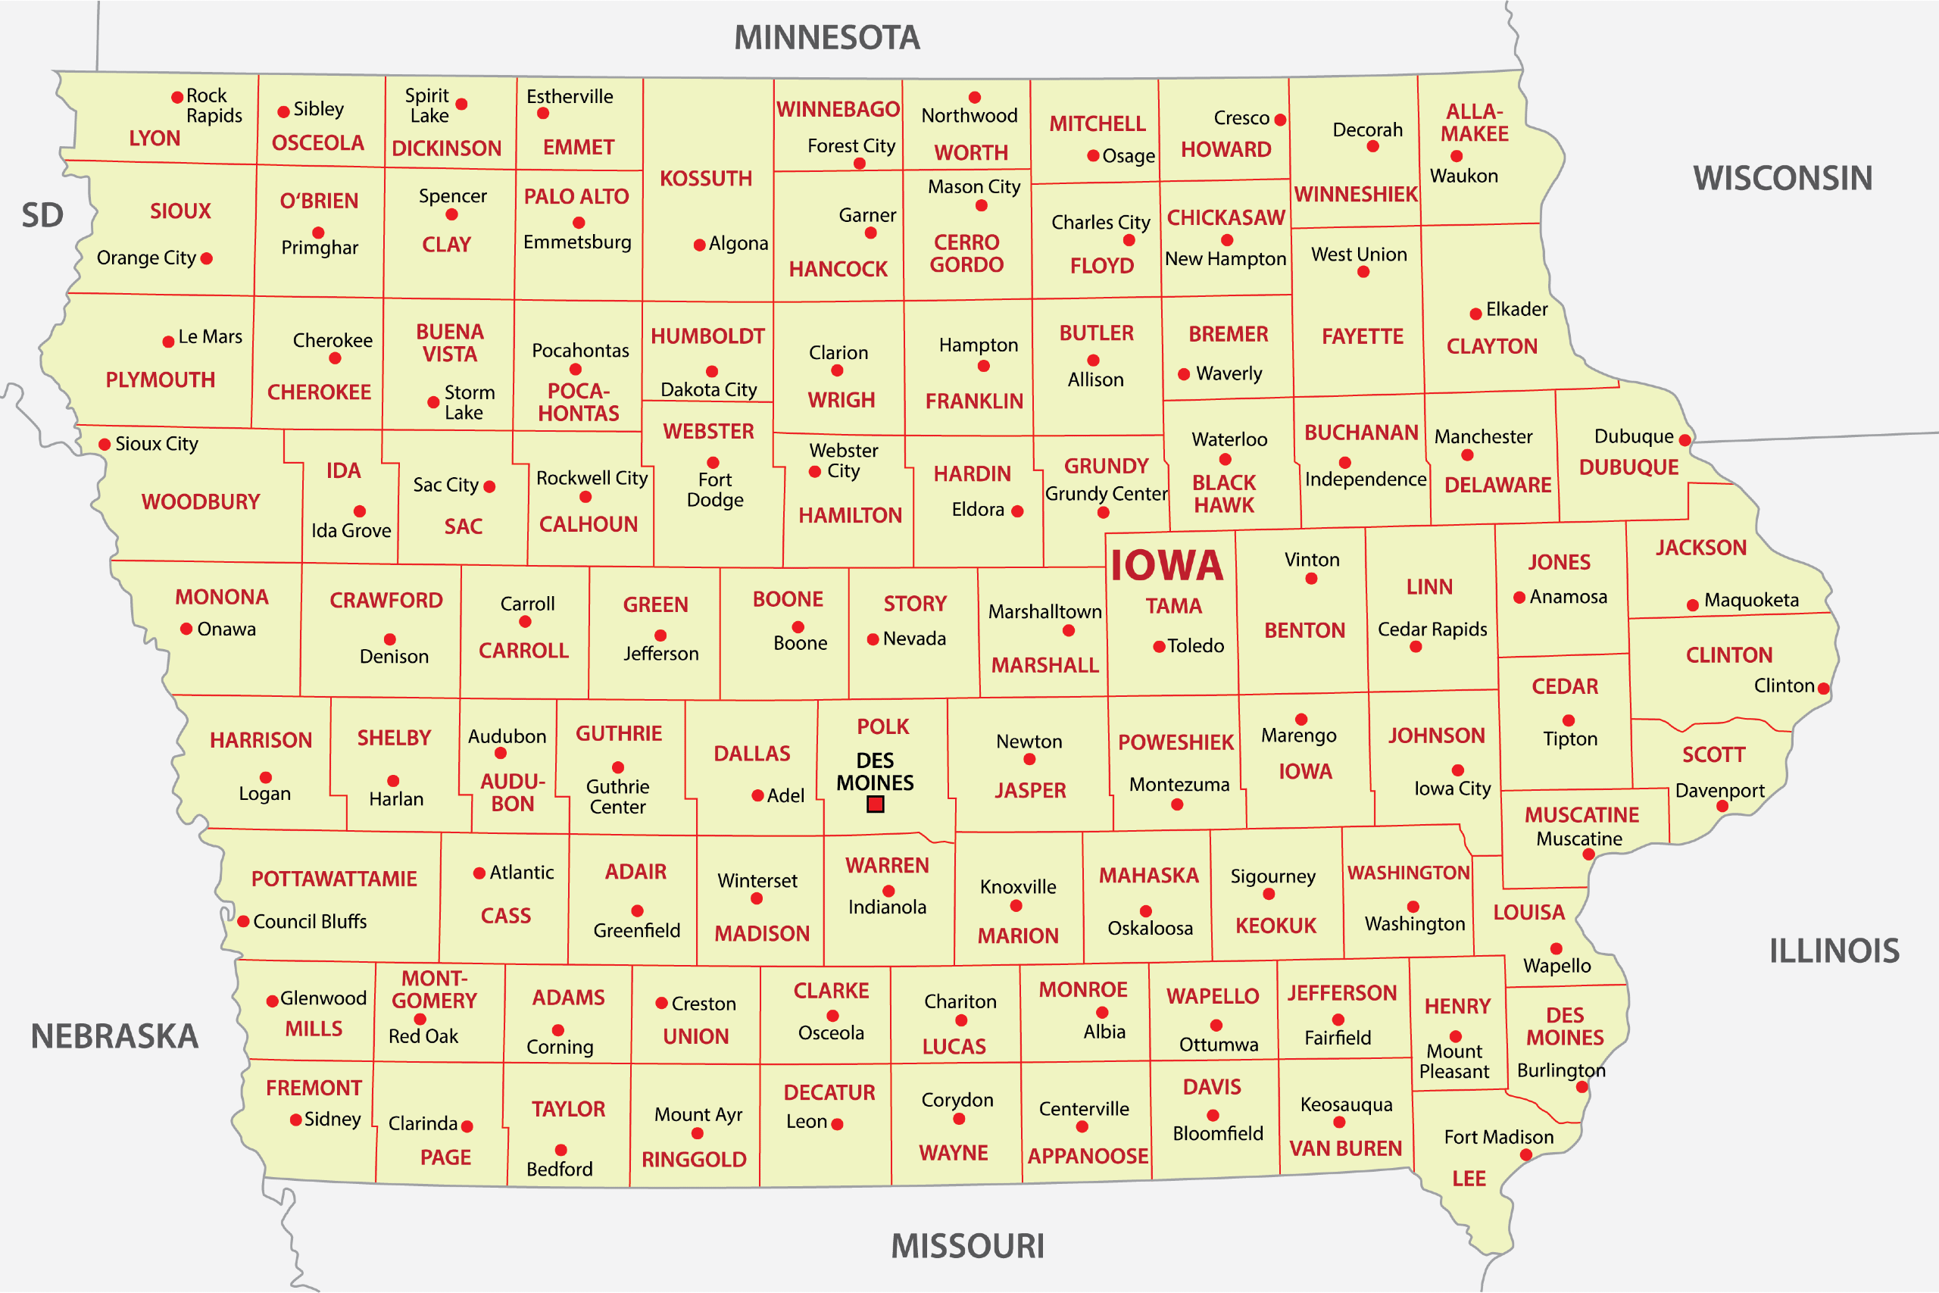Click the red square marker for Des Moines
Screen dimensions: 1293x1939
coord(876,804)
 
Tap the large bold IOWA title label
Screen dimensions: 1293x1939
coord(1166,566)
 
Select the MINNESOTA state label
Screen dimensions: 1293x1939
coord(827,38)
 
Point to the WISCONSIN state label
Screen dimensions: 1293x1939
coord(1782,179)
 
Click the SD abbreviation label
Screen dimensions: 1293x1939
coord(42,216)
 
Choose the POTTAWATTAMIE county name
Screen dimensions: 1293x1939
coord(334,879)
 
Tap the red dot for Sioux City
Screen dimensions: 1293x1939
coord(105,445)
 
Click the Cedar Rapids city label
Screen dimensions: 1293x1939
coord(1432,629)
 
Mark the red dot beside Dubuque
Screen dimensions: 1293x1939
coord(1685,440)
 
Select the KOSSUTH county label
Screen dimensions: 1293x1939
coord(706,179)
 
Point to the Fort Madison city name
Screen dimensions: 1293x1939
coord(1498,1137)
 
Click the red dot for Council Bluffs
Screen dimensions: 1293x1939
coord(243,921)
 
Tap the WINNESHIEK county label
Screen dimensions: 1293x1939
coord(1355,195)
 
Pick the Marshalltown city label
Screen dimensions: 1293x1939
coord(1044,612)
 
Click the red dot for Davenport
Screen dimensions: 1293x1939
coord(1722,807)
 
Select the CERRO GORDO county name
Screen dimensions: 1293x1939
coord(966,254)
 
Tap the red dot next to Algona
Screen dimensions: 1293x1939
coord(699,245)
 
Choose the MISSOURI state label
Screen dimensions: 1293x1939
coord(967,1246)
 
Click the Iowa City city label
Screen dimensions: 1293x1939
coord(1452,789)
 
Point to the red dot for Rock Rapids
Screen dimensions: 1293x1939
coord(177,97)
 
